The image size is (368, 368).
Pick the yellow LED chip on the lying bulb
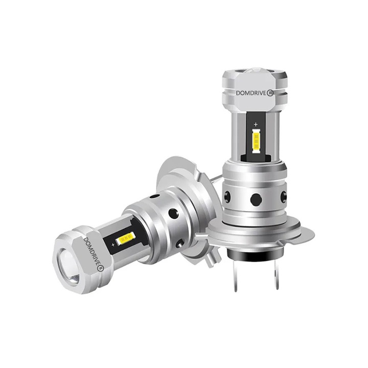coord(126,238)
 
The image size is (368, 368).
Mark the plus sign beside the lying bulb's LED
coord(111,245)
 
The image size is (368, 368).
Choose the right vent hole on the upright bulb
coord(284,195)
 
